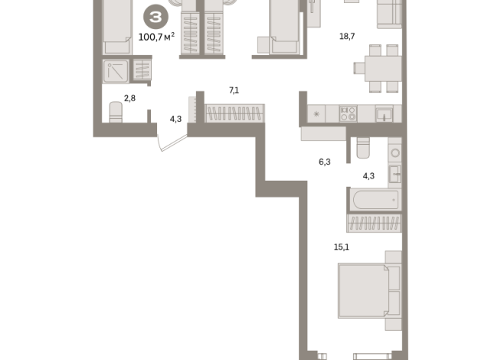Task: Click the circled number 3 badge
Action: pyautogui.click(x=156, y=17)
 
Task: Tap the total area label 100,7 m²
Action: pyautogui.click(x=156, y=37)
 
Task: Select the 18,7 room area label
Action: pyautogui.click(x=347, y=37)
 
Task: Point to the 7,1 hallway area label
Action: pyautogui.click(x=234, y=90)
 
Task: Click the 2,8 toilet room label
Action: pyautogui.click(x=129, y=98)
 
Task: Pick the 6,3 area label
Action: pyautogui.click(x=325, y=162)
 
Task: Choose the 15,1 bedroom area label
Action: pyautogui.click(x=341, y=247)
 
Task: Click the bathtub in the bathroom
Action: pyautogui.click(x=375, y=200)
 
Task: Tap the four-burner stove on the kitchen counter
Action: pyautogui.click(x=349, y=113)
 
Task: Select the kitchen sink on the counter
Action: pyautogui.click(x=385, y=114)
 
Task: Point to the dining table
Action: pyautogui.click(x=383, y=68)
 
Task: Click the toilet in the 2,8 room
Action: pyautogui.click(x=116, y=112)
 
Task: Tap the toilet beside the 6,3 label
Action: pyautogui.click(x=363, y=148)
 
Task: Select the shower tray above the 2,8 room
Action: pyautogui.click(x=116, y=71)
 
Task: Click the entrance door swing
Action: pyautogui.click(x=172, y=142)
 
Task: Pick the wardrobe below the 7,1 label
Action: pyautogui.click(x=234, y=113)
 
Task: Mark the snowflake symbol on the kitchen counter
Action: pyautogui.click(x=316, y=114)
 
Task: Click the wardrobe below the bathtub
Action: pyautogui.click(x=374, y=223)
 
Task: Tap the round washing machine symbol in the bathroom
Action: pyautogui.click(x=395, y=152)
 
